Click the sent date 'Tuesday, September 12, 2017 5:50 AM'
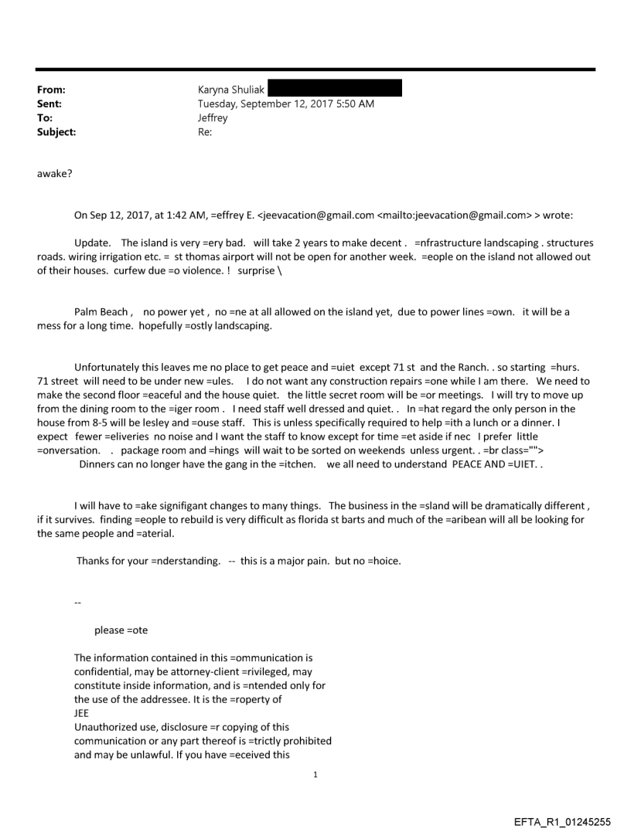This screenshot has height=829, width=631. (286, 104)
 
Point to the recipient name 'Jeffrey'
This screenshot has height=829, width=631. (213, 118)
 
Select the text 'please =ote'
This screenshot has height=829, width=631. (121, 630)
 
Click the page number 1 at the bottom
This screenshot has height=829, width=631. (315, 774)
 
